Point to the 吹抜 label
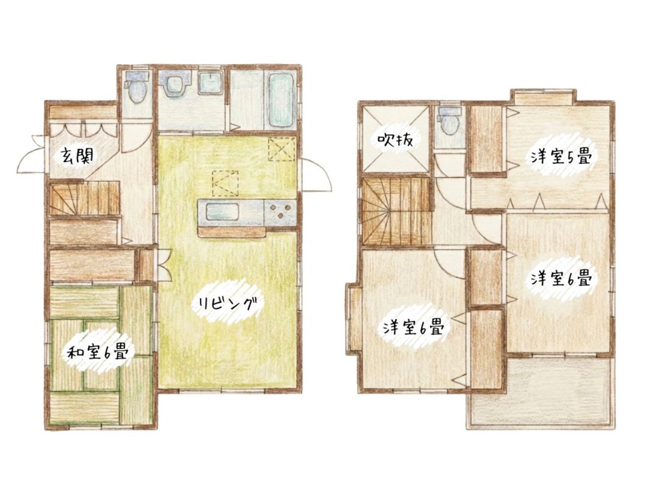395,140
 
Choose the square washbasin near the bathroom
211,84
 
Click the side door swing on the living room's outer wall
316,175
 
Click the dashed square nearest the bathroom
282,149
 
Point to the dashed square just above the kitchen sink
225,183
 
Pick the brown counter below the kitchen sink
231,232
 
